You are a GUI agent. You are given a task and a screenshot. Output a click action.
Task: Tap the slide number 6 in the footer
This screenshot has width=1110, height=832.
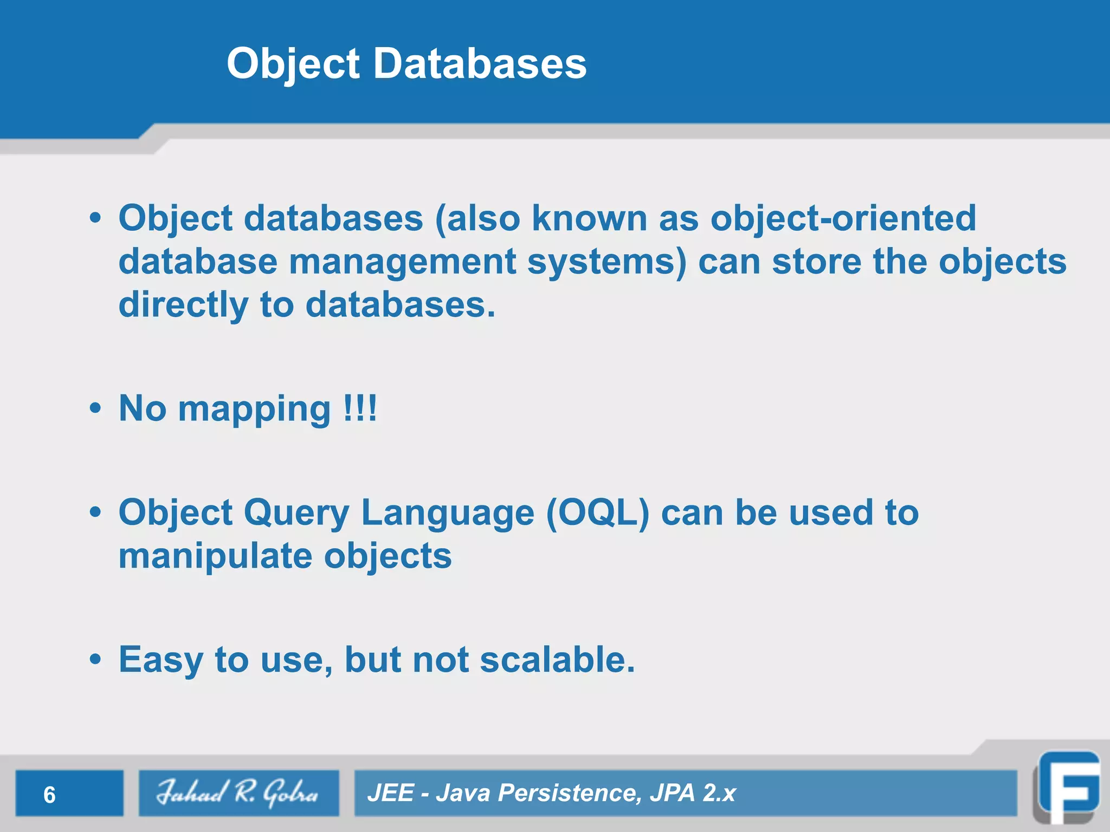[x=49, y=795]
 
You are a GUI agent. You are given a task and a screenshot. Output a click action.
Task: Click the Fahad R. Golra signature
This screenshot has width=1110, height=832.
[x=237, y=793]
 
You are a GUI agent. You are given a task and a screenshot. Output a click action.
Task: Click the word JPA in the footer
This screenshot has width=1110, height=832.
[x=672, y=793]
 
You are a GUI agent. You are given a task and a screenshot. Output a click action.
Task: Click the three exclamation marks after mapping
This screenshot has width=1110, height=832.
[x=360, y=408]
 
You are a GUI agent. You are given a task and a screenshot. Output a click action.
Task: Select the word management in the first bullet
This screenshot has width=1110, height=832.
[x=402, y=262]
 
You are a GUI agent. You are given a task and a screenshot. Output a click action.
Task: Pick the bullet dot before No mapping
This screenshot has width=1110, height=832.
[x=95, y=409]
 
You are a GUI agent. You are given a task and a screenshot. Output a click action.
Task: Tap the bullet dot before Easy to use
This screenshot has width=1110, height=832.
[x=95, y=660]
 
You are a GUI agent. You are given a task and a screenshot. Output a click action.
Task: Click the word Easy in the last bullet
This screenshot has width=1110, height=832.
[x=161, y=661]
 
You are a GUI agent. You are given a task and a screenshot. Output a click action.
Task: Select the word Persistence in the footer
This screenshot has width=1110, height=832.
[x=569, y=793]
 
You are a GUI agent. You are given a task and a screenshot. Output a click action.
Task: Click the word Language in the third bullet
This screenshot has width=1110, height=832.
[x=447, y=513]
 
